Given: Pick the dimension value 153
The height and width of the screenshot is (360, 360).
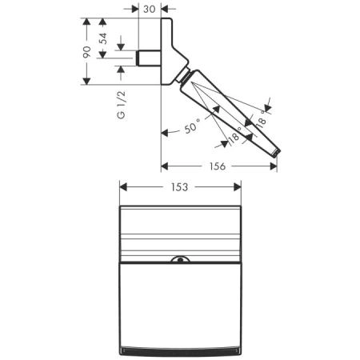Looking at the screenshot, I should point(179,186).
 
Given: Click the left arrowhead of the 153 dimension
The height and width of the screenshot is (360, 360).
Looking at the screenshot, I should point(122,186).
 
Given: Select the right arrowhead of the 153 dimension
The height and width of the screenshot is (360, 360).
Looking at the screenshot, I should point(238,186).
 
